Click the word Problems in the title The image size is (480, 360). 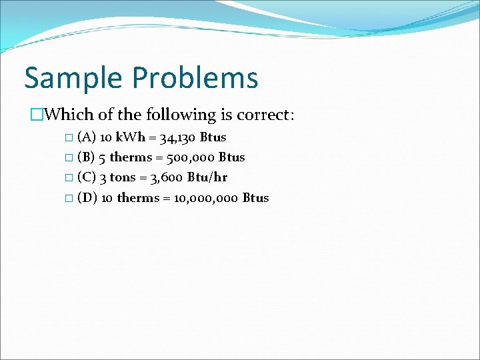tap(195, 78)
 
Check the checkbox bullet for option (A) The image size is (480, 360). tap(70, 138)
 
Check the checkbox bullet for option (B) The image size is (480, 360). tap(70, 159)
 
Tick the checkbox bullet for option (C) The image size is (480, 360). tap(70, 179)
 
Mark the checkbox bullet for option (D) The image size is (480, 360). tap(70, 199)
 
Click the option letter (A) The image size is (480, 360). tap(86, 138)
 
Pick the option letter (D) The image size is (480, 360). tap(87, 198)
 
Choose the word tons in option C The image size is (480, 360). tap(122, 178)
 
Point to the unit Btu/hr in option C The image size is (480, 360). tap(207, 178)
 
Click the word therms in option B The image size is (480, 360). tap(130, 158)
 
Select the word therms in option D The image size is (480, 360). tap(137, 198)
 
